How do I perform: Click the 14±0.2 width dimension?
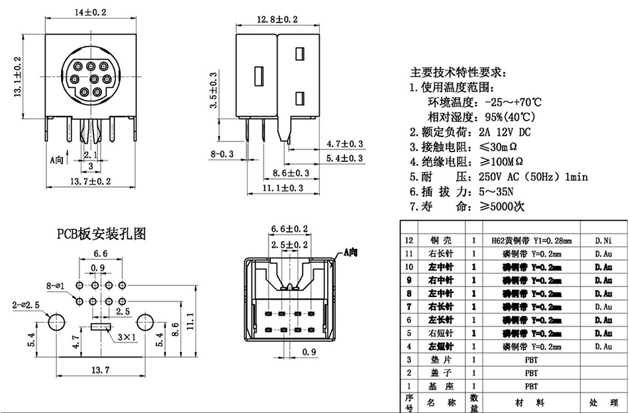click(x=91, y=12)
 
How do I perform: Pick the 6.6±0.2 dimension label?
click(x=289, y=229)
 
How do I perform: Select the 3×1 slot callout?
click(x=126, y=337)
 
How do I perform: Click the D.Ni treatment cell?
click(x=603, y=241)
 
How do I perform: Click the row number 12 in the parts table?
click(x=408, y=241)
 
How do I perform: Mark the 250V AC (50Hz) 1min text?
click(x=532, y=177)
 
